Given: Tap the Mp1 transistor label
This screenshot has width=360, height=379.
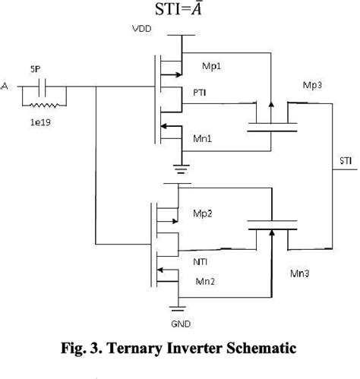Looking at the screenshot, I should [x=207, y=67].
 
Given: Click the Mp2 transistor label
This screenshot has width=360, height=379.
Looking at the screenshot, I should [x=204, y=213].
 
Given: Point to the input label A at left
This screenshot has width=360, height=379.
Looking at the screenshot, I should [x=6, y=86].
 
